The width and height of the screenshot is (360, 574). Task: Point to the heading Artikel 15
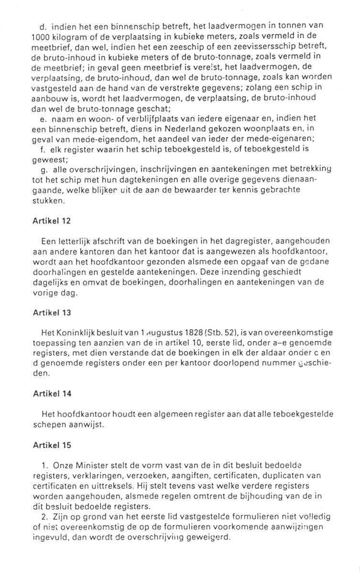(52, 445)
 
